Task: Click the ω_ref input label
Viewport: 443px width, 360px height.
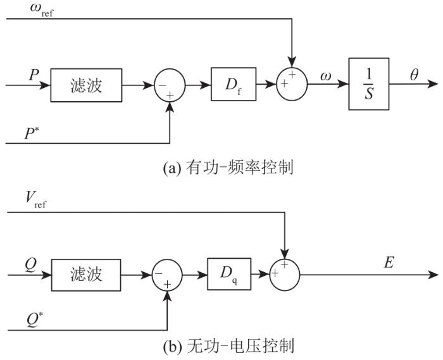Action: (42, 10)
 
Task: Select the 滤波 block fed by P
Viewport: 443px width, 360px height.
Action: (86, 85)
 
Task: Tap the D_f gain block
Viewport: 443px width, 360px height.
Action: (234, 84)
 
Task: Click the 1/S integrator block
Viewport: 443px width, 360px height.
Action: (369, 84)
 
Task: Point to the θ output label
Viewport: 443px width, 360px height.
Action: (414, 75)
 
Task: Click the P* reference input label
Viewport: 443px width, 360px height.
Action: (32, 133)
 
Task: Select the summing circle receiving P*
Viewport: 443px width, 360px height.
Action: (170, 85)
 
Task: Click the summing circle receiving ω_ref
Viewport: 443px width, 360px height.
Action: (292, 84)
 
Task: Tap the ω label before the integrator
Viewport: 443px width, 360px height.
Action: (325, 76)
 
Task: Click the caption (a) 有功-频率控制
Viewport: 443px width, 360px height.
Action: (228, 168)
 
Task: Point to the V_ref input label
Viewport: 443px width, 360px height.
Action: (35, 200)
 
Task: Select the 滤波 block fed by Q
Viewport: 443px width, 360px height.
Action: (86, 275)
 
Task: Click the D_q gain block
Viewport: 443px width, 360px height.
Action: (229, 274)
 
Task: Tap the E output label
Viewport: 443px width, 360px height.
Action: (389, 263)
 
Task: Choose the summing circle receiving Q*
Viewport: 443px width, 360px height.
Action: (167, 275)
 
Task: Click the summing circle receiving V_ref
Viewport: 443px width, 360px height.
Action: (285, 275)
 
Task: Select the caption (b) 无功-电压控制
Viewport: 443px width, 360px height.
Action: (228, 346)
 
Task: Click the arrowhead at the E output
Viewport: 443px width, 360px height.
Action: (434, 275)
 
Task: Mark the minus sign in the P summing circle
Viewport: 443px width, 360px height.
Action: (162, 85)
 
